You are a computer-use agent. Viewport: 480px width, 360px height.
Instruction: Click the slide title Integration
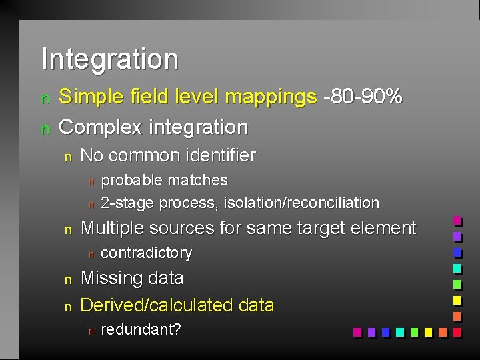click(110, 59)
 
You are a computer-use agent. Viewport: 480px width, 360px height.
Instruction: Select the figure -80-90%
click(363, 97)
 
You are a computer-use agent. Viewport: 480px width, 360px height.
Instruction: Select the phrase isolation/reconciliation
click(301, 202)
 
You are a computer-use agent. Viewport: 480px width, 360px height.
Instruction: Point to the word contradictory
click(146, 253)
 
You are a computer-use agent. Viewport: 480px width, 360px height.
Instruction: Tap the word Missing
click(109, 278)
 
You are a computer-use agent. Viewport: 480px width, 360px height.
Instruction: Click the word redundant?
click(141, 330)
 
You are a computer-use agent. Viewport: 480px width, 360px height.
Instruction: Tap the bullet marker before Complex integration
click(45, 129)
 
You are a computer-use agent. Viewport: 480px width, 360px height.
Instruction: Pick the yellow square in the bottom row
click(428, 331)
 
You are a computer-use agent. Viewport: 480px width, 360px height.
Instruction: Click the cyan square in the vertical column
click(457, 268)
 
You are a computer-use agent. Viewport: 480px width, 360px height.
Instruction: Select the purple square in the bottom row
click(371, 331)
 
